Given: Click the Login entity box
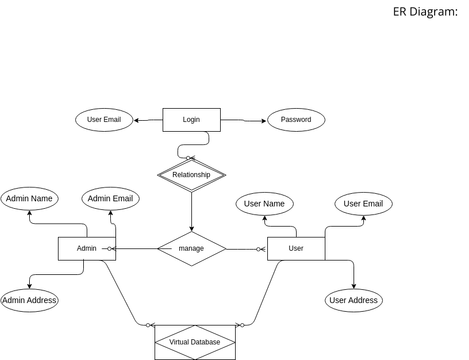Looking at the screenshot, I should (x=191, y=120).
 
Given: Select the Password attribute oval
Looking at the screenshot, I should (x=296, y=120).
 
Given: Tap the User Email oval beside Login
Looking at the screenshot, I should (x=104, y=120).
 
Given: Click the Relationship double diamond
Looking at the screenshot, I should (x=191, y=175).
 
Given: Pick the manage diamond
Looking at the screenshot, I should (x=191, y=248).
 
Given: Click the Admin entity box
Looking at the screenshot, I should (x=87, y=248).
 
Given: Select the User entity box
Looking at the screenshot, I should (x=296, y=248).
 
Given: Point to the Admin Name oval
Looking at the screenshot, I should (x=29, y=199).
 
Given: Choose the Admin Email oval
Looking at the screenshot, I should (x=110, y=199).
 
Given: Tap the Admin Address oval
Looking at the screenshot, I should (x=29, y=300).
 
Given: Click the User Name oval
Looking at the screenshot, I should (x=265, y=204).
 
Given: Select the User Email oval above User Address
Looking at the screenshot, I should (x=363, y=204).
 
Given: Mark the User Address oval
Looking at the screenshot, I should (x=353, y=300).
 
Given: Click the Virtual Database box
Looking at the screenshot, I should (x=195, y=342).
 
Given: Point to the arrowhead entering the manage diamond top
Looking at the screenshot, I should (x=191, y=229).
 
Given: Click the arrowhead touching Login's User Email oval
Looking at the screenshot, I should (x=137, y=121).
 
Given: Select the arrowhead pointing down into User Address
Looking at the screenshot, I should (x=353, y=286).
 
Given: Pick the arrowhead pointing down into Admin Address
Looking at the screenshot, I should (x=29, y=286).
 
